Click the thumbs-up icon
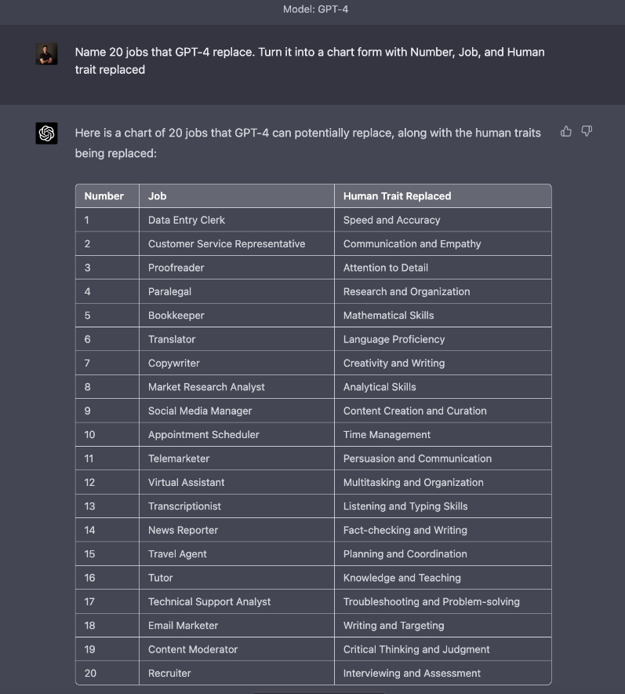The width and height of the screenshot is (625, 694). (566, 132)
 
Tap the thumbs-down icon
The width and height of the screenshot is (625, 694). (587, 132)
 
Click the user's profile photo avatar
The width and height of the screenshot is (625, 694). (47, 54)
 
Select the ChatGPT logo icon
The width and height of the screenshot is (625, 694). (47, 133)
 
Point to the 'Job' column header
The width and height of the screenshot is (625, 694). (158, 196)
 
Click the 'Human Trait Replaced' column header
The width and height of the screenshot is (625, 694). (397, 196)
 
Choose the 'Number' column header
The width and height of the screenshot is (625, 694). (104, 196)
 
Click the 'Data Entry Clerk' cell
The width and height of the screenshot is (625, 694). (187, 220)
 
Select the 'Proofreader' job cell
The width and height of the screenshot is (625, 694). (176, 268)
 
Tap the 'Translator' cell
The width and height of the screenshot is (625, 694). (172, 339)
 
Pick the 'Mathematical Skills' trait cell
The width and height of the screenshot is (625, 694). (388, 315)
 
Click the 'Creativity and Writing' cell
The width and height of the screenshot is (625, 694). (394, 363)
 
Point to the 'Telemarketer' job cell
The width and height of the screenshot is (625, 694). (179, 458)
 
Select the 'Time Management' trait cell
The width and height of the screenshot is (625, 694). (387, 434)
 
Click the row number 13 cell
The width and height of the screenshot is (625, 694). (90, 506)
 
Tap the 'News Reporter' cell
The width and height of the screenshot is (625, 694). (183, 530)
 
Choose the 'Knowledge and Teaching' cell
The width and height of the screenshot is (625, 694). (402, 578)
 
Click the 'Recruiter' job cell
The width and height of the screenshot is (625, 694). (169, 673)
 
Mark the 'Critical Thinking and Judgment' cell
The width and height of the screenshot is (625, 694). (416, 649)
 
